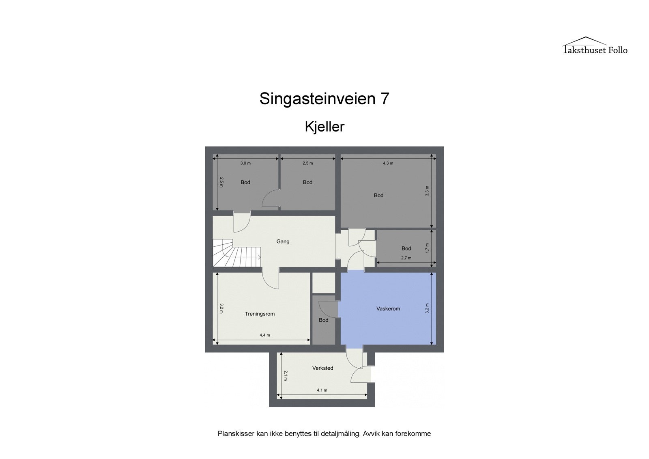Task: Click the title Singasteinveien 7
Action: (324, 99)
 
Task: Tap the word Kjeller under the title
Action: (324, 127)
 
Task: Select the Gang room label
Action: (283, 241)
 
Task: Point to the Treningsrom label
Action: (260, 314)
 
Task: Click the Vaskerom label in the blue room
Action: (388, 309)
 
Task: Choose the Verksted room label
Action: (322, 368)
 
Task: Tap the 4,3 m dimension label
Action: (388, 163)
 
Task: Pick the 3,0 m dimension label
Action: (245, 163)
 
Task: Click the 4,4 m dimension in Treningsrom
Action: (264, 335)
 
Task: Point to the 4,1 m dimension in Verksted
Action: (322, 390)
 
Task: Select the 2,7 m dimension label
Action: (406, 258)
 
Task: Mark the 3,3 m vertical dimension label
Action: (427, 191)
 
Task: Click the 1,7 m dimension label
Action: (427, 248)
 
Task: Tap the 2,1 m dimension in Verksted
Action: (285, 375)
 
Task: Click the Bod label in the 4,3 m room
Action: (378, 195)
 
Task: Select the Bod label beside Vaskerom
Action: (323, 320)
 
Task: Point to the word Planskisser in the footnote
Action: (236, 433)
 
